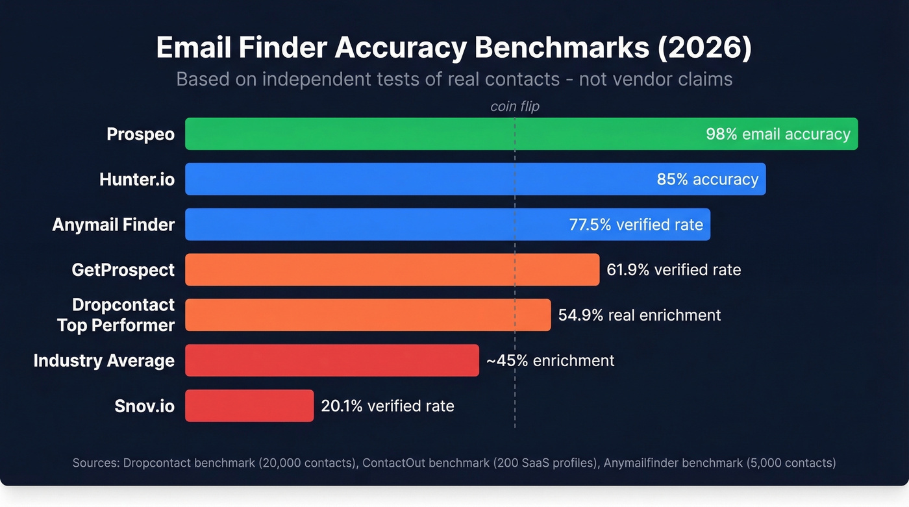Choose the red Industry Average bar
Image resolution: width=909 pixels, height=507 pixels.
click(332, 360)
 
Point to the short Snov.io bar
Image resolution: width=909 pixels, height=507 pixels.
click(249, 406)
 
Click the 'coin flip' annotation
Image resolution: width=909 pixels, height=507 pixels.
click(514, 106)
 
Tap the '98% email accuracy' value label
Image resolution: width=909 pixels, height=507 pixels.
click(777, 134)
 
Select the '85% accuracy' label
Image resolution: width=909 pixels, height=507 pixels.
click(707, 179)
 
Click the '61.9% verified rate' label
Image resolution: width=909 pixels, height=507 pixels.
click(673, 269)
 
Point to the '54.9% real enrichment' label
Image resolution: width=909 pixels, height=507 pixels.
click(639, 315)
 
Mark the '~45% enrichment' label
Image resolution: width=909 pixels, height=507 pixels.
click(550, 360)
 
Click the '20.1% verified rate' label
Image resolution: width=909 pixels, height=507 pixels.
click(387, 406)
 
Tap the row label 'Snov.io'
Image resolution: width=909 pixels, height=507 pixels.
click(145, 406)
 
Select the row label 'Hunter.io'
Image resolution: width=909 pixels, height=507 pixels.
click(137, 179)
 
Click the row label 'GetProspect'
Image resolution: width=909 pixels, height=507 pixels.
click(123, 269)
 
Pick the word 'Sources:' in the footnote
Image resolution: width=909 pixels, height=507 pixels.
click(95, 463)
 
